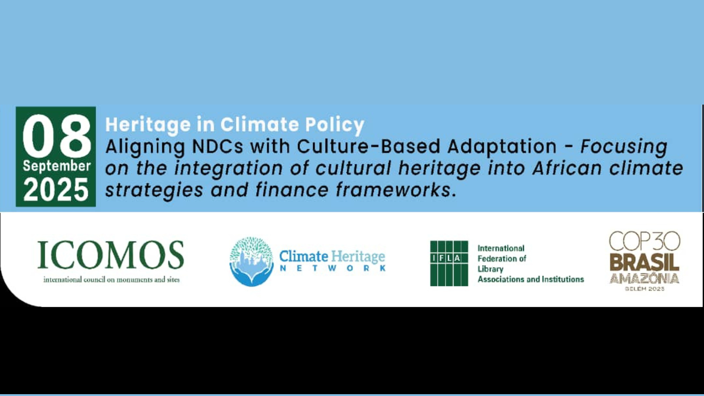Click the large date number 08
click(x=56, y=136)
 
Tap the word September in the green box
click(x=56, y=166)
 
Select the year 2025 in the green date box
click(x=56, y=190)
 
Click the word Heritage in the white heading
click(x=148, y=125)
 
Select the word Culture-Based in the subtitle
click(x=368, y=147)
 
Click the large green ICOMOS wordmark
click(x=110, y=255)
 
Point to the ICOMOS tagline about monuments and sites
click(x=111, y=279)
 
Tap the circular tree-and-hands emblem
click(x=252, y=261)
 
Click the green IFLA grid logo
click(x=449, y=263)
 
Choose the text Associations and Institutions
click(x=531, y=279)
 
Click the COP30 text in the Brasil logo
click(x=645, y=241)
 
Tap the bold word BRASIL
click(x=645, y=263)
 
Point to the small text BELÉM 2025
click(x=645, y=289)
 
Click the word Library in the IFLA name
click(x=490, y=269)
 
